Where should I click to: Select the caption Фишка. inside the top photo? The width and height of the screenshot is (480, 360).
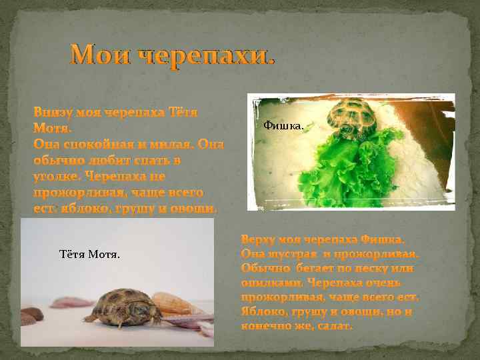[x=284, y=125]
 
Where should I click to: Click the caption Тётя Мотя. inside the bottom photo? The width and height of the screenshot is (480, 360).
[x=90, y=254]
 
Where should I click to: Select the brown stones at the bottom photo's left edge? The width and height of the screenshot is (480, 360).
[x=30, y=315]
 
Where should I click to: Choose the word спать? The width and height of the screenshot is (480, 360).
[x=146, y=160]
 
